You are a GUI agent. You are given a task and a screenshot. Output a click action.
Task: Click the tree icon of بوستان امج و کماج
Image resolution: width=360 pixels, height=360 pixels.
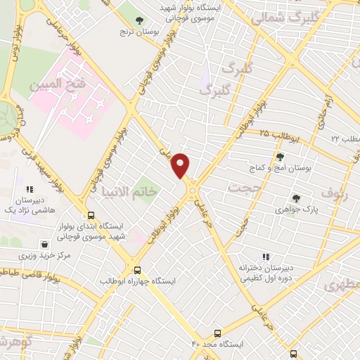point(280,157)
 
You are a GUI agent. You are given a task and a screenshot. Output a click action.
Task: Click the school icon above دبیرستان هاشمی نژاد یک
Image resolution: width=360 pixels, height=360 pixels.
point(30,189)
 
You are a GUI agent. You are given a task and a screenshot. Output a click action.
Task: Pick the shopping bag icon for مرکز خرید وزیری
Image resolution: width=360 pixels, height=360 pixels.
point(45,245)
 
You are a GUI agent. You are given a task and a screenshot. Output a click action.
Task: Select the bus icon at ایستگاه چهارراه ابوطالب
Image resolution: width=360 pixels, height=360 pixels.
point(137,269)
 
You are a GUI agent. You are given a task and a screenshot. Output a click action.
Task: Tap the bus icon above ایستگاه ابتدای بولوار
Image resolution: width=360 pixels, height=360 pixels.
point(90,215)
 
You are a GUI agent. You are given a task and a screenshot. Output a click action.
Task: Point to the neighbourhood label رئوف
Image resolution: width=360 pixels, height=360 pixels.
point(335,191)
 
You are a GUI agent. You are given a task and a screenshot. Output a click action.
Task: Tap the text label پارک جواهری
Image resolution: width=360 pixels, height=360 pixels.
point(293,210)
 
